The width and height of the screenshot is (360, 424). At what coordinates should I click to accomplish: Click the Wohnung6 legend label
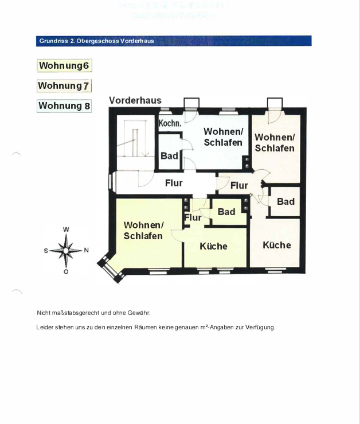[64, 65]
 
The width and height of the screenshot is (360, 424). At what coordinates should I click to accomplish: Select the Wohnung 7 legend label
[64, 85]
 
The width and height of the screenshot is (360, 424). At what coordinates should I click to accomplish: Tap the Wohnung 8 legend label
[64, 106]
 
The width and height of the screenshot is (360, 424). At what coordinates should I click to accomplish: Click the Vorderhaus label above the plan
[135, 100]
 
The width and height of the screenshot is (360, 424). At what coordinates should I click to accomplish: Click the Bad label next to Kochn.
[169, 155]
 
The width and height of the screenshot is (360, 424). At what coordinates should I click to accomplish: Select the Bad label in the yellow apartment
[226, 212]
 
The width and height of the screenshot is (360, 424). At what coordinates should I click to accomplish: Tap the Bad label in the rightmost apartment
[285, 201]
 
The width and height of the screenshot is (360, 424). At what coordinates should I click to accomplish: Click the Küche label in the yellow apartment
[213, 246]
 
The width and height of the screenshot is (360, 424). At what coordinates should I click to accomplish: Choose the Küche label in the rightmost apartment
[277, 245]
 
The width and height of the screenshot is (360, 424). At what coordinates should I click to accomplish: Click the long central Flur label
[174, 182]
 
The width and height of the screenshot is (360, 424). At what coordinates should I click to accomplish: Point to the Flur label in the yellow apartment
[193, 217]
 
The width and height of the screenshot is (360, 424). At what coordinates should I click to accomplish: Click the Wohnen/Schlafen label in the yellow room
[143, 230]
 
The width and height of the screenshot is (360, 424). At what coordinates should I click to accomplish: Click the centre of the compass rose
[66, 250]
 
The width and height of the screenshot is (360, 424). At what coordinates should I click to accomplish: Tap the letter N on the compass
[86, 250]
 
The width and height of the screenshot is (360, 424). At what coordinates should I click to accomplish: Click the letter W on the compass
[66, 229]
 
